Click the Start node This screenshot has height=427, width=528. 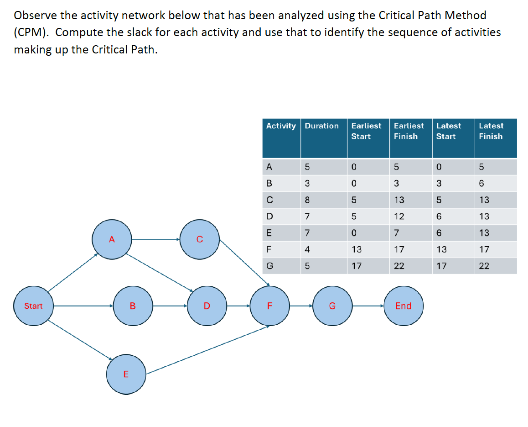[x=33, y=306]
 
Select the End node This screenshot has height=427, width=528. [x=404, y=306]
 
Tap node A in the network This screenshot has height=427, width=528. [x=112, y=239]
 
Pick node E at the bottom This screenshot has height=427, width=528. [x=126, y=374]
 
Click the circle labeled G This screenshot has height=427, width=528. [x=332, y=306]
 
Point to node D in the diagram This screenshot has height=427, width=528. [x=207, y=306]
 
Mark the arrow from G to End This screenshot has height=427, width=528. [x=368, y=306]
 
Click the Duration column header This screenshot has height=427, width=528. [x=321, y=126]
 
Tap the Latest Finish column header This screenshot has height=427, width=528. [x=491, y=131]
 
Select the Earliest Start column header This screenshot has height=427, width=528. [x=366, y=131]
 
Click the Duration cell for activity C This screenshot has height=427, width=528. [x=307, y=200]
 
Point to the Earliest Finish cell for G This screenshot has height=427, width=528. [x=399, y=266]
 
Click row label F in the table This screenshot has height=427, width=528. [x=269, y=249]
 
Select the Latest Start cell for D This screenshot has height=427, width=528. [x=439, y=216]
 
